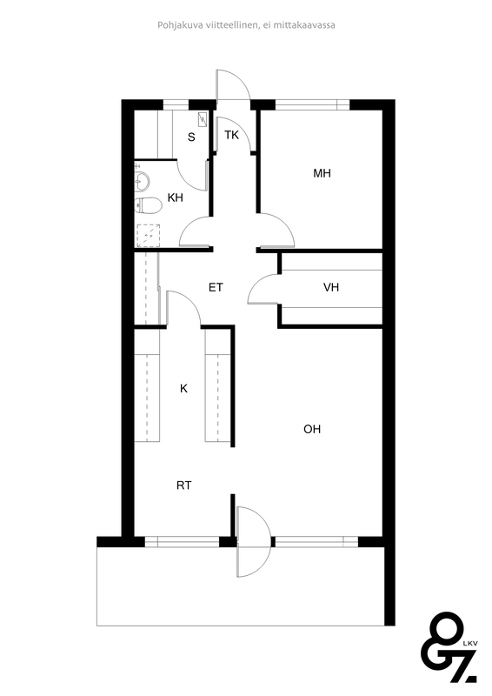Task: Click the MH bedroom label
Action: point(322,173)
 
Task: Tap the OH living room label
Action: point(312,429)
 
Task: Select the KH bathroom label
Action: point(176,197)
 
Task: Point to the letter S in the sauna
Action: point(191,137)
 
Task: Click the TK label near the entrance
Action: point(231,135)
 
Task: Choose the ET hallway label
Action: point(216,288)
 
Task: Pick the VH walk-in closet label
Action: point(331,288)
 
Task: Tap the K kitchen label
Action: point(183,389)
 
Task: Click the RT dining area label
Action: point(184,485)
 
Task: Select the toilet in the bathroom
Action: point(148,205)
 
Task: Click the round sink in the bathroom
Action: point(143,181)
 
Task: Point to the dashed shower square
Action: point(148,236)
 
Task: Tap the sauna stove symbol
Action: point(203,119)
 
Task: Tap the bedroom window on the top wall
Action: point(313,104)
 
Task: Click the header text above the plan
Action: point(246,25)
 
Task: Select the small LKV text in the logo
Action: point(469,643)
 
